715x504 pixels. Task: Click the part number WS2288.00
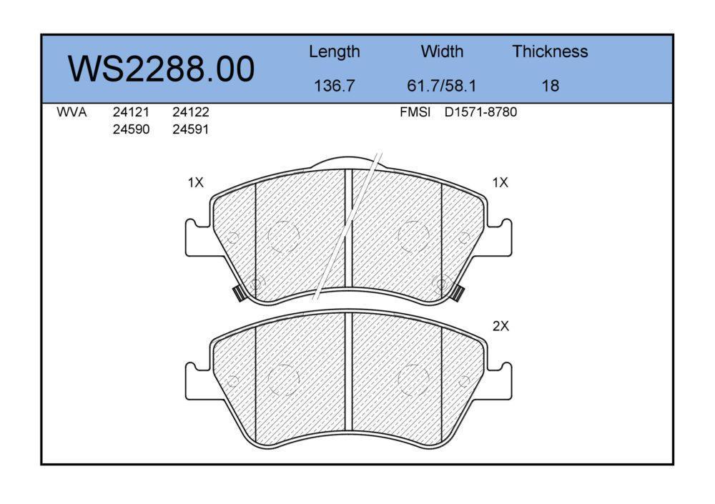coord(161,69)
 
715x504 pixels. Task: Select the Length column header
coord(334,52)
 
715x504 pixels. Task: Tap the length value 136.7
coord(334,86)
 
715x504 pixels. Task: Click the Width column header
coord(442,51)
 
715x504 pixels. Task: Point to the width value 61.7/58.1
coord(441,86)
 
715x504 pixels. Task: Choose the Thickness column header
coord(550,51)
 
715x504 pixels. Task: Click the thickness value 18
coord(551,86)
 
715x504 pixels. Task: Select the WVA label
coord(71,112)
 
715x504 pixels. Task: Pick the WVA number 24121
coord(131,112)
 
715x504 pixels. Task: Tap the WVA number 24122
coord(191,112)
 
